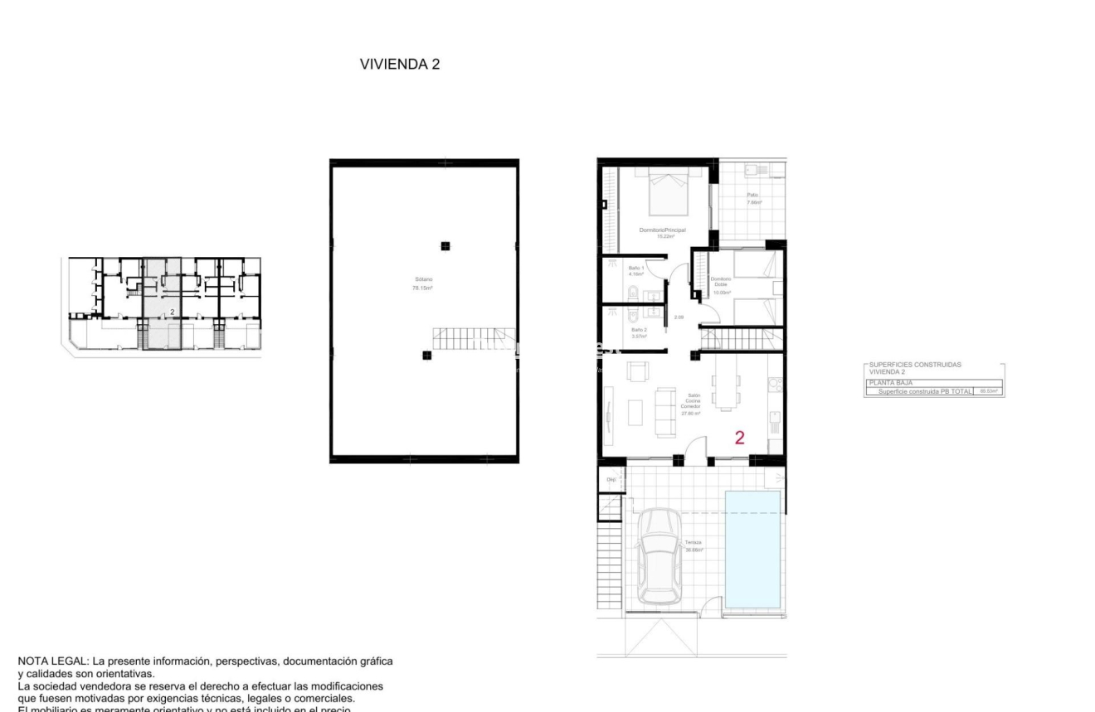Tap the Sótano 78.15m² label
[x=425, y=284]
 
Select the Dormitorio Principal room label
[x=662, y=232]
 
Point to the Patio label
[x=753, y=198]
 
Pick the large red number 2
[x=739, y=438]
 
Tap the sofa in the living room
[x=665, y=411]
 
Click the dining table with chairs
[x=725, y=387]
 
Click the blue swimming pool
[x=752, y=548]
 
